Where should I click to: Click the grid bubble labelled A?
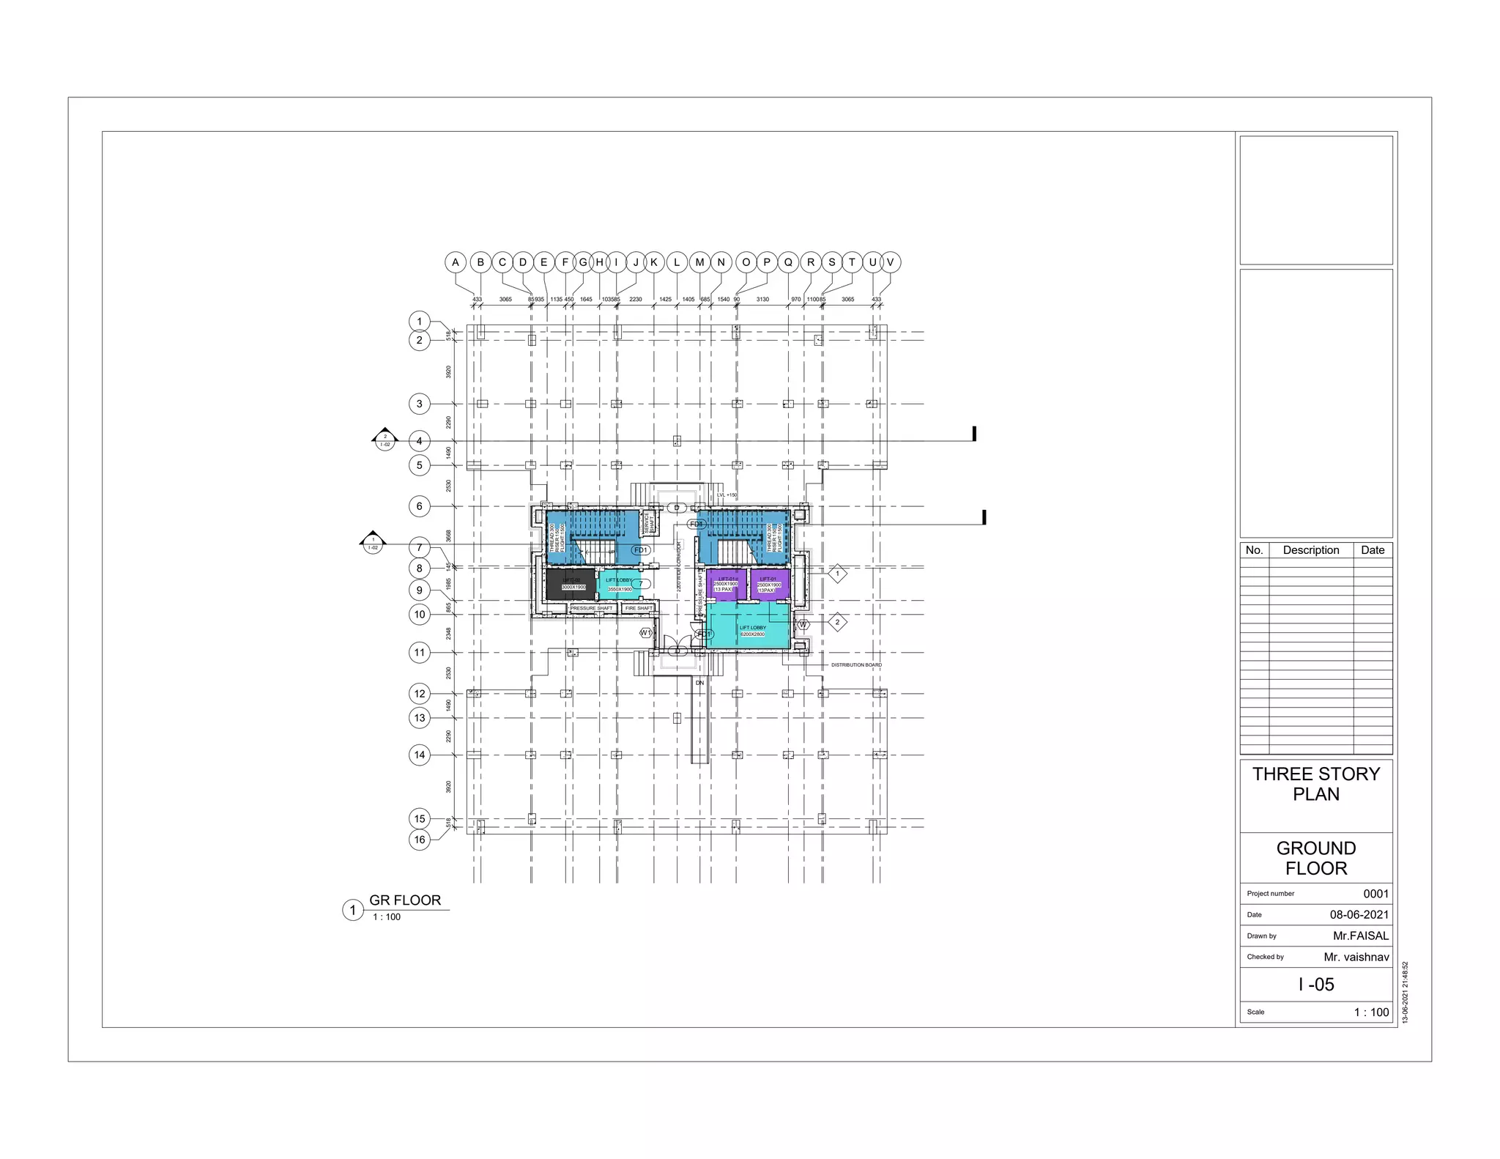pyautogui.click(x=456, y=262)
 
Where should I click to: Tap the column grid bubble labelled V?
pyautogui.click(x=891, y=262)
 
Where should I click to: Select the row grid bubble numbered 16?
pyautogui.click(x=419, y=840)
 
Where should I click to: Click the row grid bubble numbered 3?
pyautogui.click(x=419, y=404)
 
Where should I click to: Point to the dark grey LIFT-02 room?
pyautogui.click(x=571, y=585)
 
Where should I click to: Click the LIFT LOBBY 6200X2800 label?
pyautogui.click(x=752, y=631)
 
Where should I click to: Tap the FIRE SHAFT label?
pyautogui.click(x=639, y=608)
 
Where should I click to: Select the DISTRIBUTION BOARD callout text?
pyautogui.click(x=856, y=665)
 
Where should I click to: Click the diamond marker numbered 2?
pyautogui.click(x=837, y=622)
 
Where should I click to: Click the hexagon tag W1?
pyautogui.click(x=645, y=632)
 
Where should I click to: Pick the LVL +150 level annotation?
pyautogui.click(x=727, y=495)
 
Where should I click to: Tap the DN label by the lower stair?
pyautogui.click(x=699, y=683)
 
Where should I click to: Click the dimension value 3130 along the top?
pyautogui.click(x=762, y=300)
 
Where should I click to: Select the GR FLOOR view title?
pyautogui.click(x=405, y=900)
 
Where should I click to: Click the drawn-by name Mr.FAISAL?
pyautogui.click(x=1360, y=936)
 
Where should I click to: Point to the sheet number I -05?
pyautogui.click(x=1316, y=985)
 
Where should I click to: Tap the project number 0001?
pyautogui.click(x=1375, y=894)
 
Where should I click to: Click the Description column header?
pyautogui.click(x=1310, y=550)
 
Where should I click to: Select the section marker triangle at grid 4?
pyautogui.click(x=385, y=438)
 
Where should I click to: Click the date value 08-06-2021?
pyautogui.click(x=1359, y=914)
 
